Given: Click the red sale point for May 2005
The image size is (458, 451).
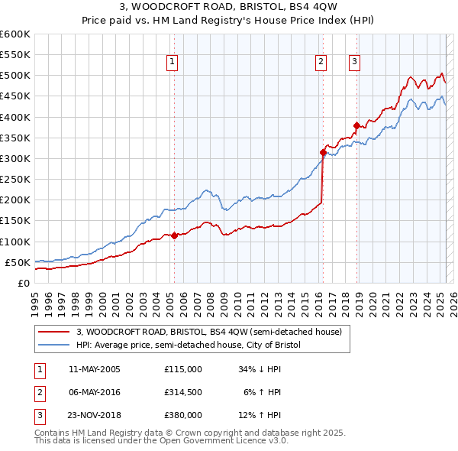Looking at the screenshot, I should (174, 235).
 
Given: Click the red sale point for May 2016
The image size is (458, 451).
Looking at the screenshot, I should (323, 152).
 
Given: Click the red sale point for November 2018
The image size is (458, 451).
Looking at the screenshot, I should (356, 125).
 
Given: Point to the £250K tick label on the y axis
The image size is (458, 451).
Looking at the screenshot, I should (15, 179).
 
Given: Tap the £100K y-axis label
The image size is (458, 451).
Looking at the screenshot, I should (15, 242).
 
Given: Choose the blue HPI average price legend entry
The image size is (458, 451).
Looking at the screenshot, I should (189, 345).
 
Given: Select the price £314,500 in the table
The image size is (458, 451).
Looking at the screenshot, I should (183, 392).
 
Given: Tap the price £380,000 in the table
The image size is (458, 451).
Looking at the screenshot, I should (183, 416).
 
